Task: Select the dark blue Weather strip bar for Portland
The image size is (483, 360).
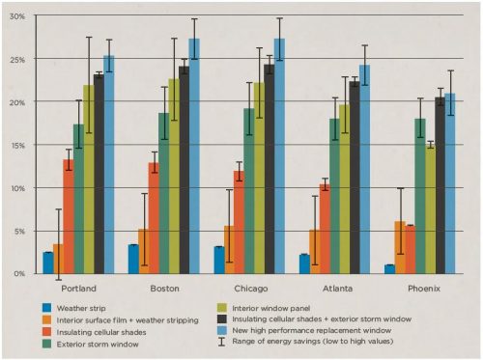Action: click(48, 263)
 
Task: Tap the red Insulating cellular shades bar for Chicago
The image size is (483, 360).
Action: click(239, 222)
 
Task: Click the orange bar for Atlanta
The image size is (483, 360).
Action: click(314, 252)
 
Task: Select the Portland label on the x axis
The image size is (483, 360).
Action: click(78, 289)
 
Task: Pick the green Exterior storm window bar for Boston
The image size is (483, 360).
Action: click(164, 193)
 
